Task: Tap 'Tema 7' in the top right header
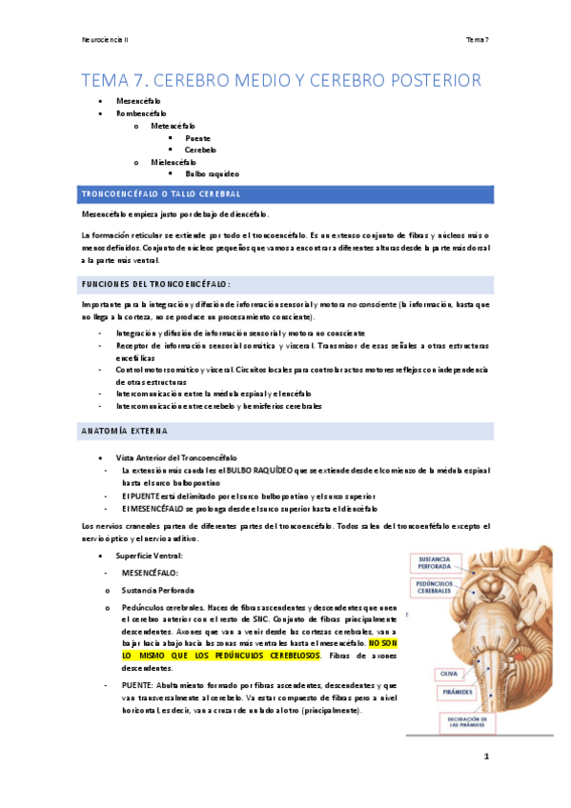(x=477, y=39)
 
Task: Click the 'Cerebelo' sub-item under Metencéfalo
(x=201, y=150)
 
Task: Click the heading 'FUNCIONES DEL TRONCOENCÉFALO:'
(x=157, y=285)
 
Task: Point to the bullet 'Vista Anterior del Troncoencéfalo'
(x=176, y=457)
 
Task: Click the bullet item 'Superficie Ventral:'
(x=143, y=555)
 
